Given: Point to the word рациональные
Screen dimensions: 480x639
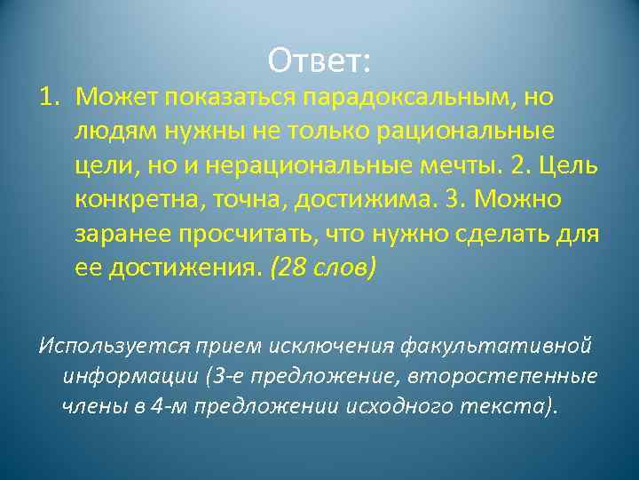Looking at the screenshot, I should pyautogui.click(x=466, y=131).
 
